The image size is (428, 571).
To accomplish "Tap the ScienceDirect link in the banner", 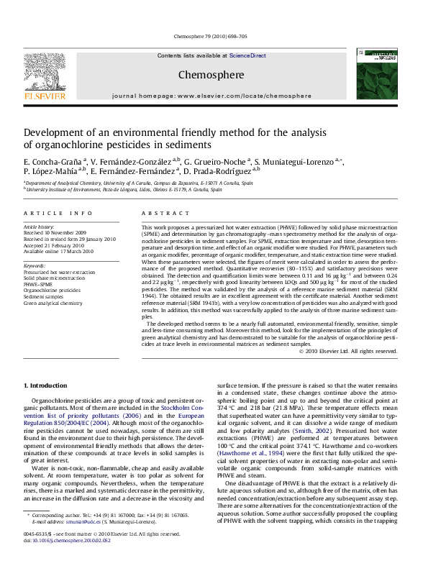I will pyautogui.click(x=247, y=55).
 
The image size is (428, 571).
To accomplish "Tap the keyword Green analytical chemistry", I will pyautogui.click(x=53, y=303).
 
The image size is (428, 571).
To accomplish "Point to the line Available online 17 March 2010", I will pyautogui.click(x=59, y=252).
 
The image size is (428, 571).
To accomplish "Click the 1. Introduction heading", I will pyautogui.click(x=46, y=387).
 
